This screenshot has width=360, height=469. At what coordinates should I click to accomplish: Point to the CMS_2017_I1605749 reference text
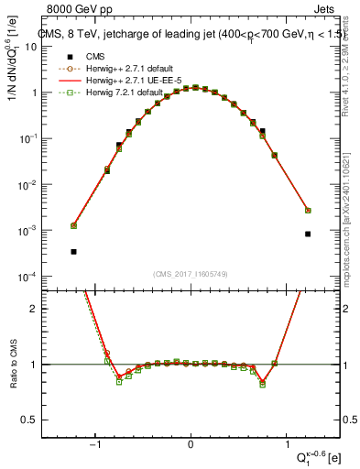coord(190,273)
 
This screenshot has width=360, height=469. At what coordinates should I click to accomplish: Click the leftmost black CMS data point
coord(73,251)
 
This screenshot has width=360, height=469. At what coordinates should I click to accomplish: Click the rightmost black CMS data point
coord(308,234)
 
